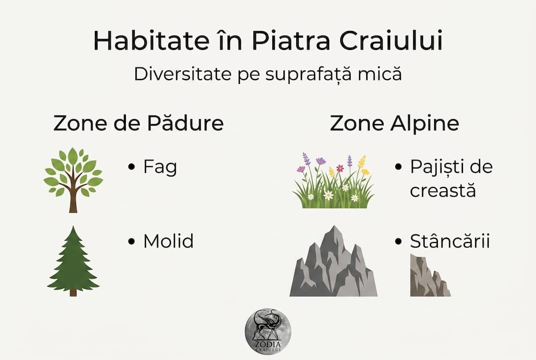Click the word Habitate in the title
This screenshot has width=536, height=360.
point(151,40)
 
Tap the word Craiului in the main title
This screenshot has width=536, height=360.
point(391,40)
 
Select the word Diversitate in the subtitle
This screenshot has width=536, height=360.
point(182,74)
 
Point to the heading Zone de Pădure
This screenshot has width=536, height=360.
point(138,123)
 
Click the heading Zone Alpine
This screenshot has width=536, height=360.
point(394,123)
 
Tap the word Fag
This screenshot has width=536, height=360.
point(160,167)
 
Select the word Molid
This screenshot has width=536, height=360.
point(168,241)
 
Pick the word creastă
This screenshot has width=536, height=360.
point(443,190)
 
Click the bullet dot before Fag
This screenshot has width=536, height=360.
point(131,167)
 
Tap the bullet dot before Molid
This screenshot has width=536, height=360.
point(131,241)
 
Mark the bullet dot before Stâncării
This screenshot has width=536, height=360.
point(398,241)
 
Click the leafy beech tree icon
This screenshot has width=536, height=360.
point(73,180)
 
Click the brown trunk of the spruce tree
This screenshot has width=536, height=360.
point(73,292)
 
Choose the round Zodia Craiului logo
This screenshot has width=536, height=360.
point(268,331)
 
